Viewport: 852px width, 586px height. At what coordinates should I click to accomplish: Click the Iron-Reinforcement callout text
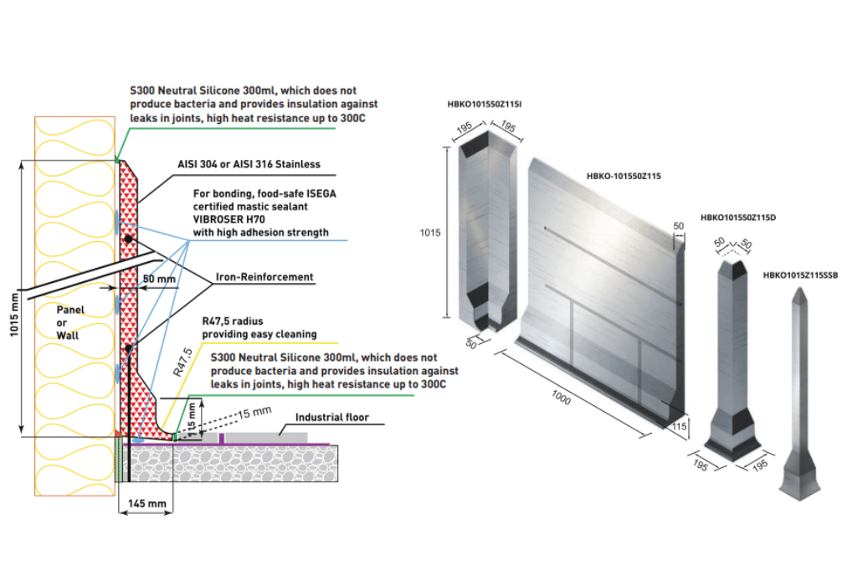click(x=264, y=277)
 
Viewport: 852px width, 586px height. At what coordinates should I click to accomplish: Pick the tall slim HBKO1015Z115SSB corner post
click(x=798, y=393)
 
